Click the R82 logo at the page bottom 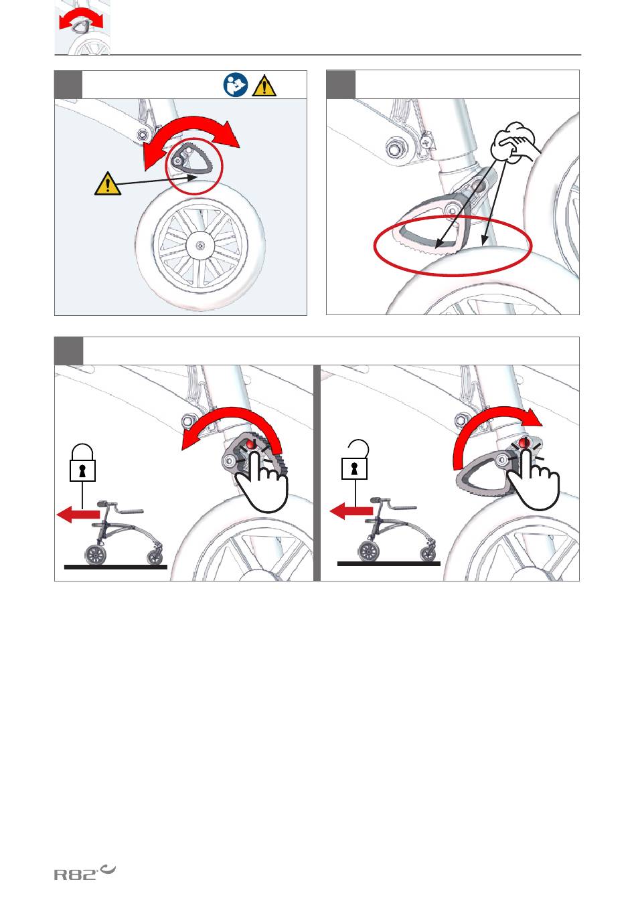click(x=84, y=871)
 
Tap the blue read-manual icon click(x=236, y=85)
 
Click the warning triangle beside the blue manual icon click(x=264, y=86)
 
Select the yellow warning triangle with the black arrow click(x=108, y=184)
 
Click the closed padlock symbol click(x=82, y=462)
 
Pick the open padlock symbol click(x=355, y=459)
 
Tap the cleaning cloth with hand click(x=515, y=143)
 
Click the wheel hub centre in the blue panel click(x=200, y=245)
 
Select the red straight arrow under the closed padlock click(x=78, y=514)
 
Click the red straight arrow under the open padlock click(x=351, y=511)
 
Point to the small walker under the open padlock click(x=397, y=529)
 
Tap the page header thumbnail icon click(x=82, y=27)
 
